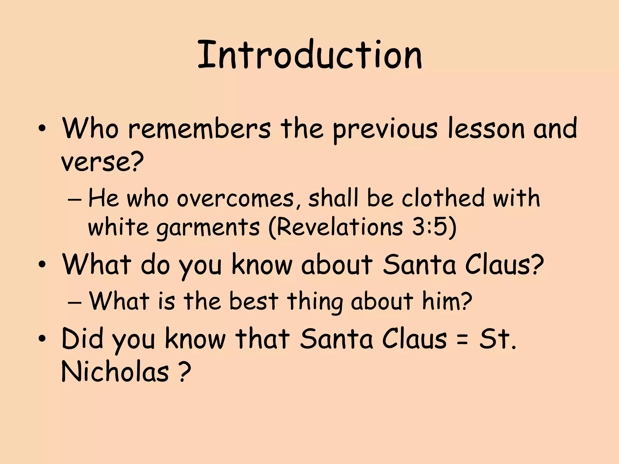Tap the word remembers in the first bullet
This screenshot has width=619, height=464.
click(199, 129)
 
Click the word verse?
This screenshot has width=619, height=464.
click(102, 162)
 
